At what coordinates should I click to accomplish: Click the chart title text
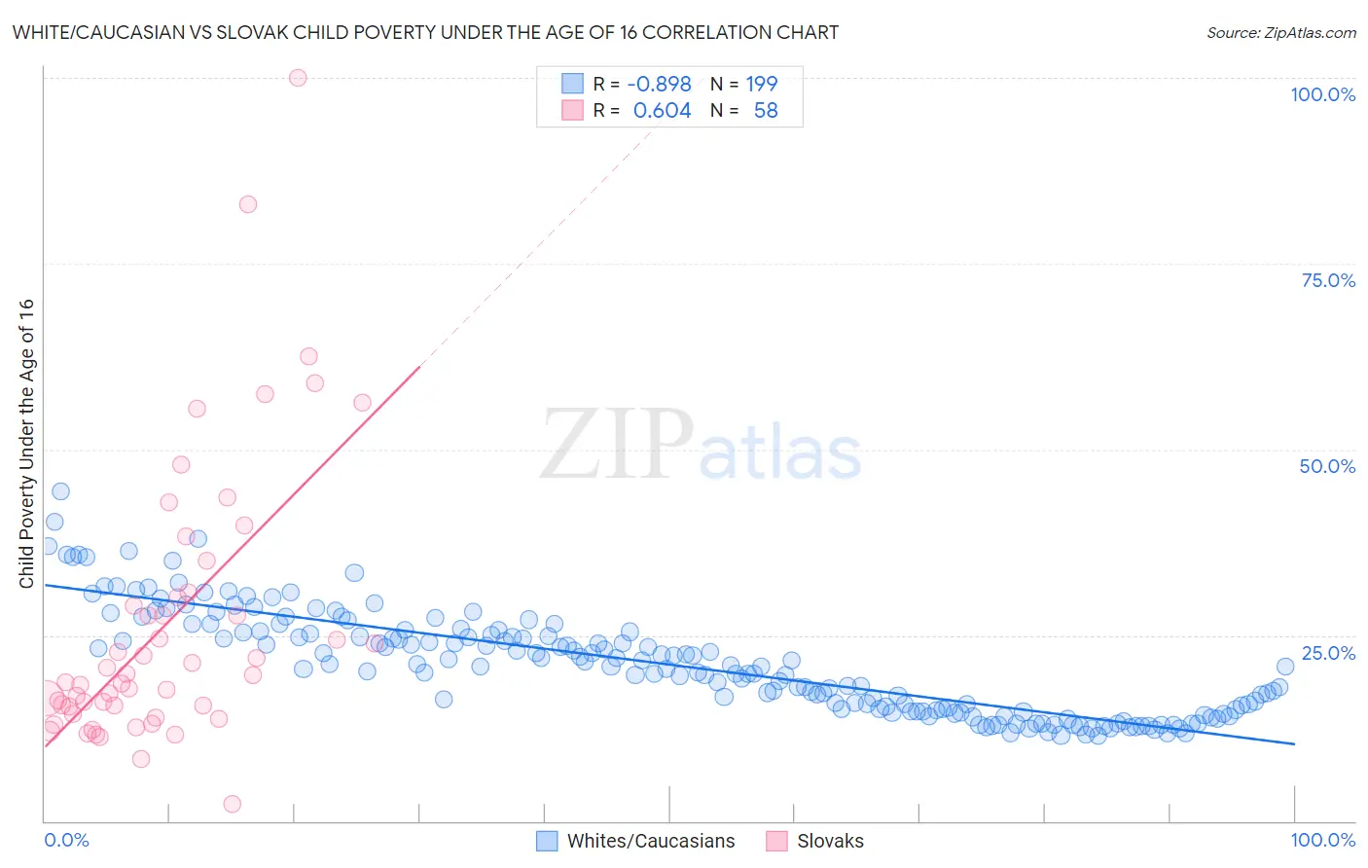tap(425, 32)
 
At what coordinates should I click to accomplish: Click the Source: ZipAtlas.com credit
tap(1280, 32)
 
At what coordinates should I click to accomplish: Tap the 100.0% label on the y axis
tap(1322, 94)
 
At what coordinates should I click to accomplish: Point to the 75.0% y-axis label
tap(1328, 280)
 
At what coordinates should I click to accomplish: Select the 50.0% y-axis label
tap(1327, 466)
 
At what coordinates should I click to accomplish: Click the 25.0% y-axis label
tap(1328, 653)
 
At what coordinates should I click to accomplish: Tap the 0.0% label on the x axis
tap(66, 840)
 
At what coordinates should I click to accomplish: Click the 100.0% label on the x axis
tap(1322, 840)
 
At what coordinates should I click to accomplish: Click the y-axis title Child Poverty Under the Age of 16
tap(27, 443)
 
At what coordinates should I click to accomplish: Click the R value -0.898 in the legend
tap(659, 84)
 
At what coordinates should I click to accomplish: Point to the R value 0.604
tap(662, 111)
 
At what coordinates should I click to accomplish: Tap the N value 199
tap(762, 84)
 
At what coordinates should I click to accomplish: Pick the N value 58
tap(766, 111)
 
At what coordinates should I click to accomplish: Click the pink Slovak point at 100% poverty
tap(298, 78)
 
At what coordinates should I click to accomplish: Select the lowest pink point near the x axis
tap(232, 804)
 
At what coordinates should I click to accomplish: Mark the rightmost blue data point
tap(1285, 667)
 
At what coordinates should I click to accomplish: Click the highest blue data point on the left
tap(60, 491)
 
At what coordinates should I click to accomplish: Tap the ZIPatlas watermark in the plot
tap(701, 446)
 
